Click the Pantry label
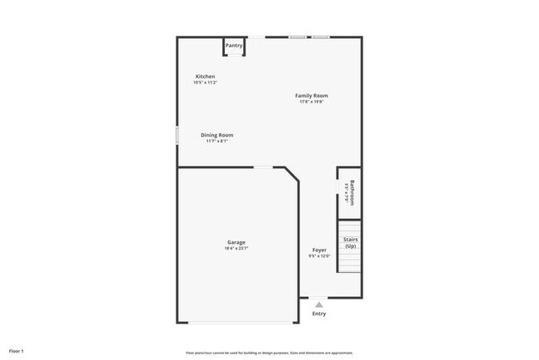point(234,46)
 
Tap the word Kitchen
point(205,76)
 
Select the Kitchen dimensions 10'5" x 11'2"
point(205,82)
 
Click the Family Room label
point(312,95)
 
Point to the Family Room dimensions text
point(312,101)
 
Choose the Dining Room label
point(217,134)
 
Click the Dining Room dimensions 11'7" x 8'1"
point(217,141)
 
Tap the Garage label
point(236,242)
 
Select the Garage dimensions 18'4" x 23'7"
point(236,248)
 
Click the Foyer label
point(319,250)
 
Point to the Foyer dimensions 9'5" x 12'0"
point(319,255)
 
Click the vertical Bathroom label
point(352,192)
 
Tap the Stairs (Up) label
point(351,242)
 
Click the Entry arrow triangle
point(318,304)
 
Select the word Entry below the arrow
point(319,314)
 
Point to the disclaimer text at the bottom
point(269,352)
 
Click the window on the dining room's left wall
point(177,135)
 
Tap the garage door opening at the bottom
point(238,322)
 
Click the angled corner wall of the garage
point(292,176)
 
